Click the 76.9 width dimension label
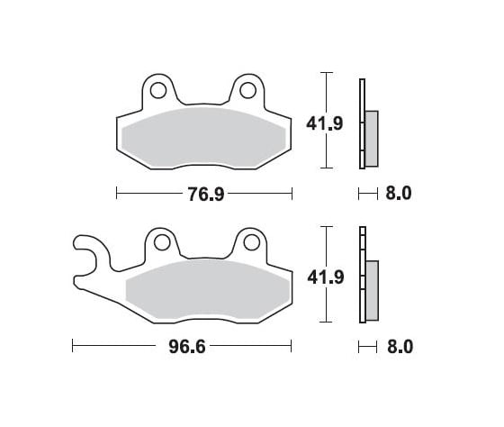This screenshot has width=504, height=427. [205, 193]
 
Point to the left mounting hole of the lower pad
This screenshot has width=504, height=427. [161, 241]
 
